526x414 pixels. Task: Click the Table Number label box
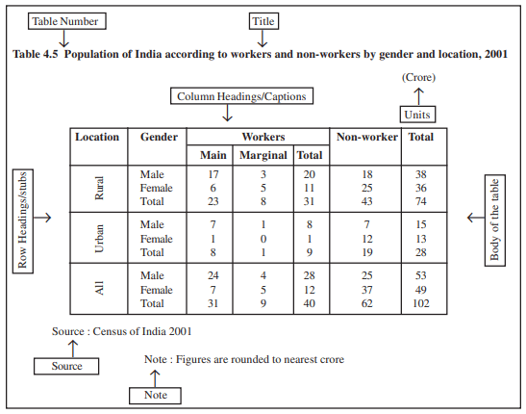click(67, 21)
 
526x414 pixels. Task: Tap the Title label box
click(263, 21)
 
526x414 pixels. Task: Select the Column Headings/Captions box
click(242, 96)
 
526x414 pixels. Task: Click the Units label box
click(417, 115)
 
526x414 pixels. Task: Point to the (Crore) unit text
click(418, 77)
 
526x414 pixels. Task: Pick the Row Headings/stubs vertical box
click(23, 221)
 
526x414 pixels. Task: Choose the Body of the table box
click(495, 220)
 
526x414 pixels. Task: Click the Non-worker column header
click(367, 137)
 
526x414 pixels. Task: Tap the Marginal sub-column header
click(263, 155)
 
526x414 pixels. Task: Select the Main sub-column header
click(213, 155)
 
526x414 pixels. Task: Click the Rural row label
click(99, 188)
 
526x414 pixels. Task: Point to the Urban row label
click(99, 239)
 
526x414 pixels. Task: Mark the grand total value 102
click(421, 303)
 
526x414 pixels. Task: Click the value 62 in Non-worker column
click(367, 303)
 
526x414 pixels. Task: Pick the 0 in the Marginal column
click(263, 239)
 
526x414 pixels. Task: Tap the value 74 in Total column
click(421, 201)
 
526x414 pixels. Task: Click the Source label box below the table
click(66, 366)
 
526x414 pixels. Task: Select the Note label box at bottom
click(156, 395)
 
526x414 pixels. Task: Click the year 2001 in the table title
click(496, 54)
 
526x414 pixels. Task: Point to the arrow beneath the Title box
click(263, 39)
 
